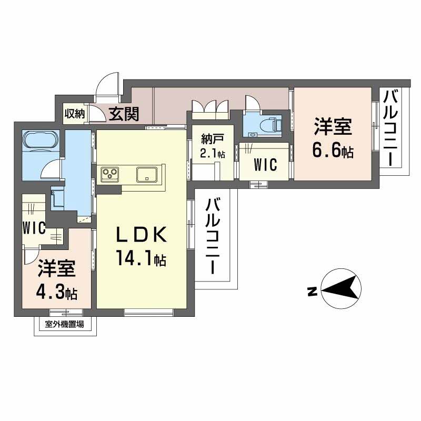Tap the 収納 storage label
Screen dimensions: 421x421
(74, 113)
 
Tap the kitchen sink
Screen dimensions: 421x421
(146, 173)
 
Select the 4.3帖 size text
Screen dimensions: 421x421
(57, 293)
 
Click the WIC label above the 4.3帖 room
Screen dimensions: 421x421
(33, 228)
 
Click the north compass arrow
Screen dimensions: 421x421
(342, 289)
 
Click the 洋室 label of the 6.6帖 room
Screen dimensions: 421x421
(333, 128)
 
